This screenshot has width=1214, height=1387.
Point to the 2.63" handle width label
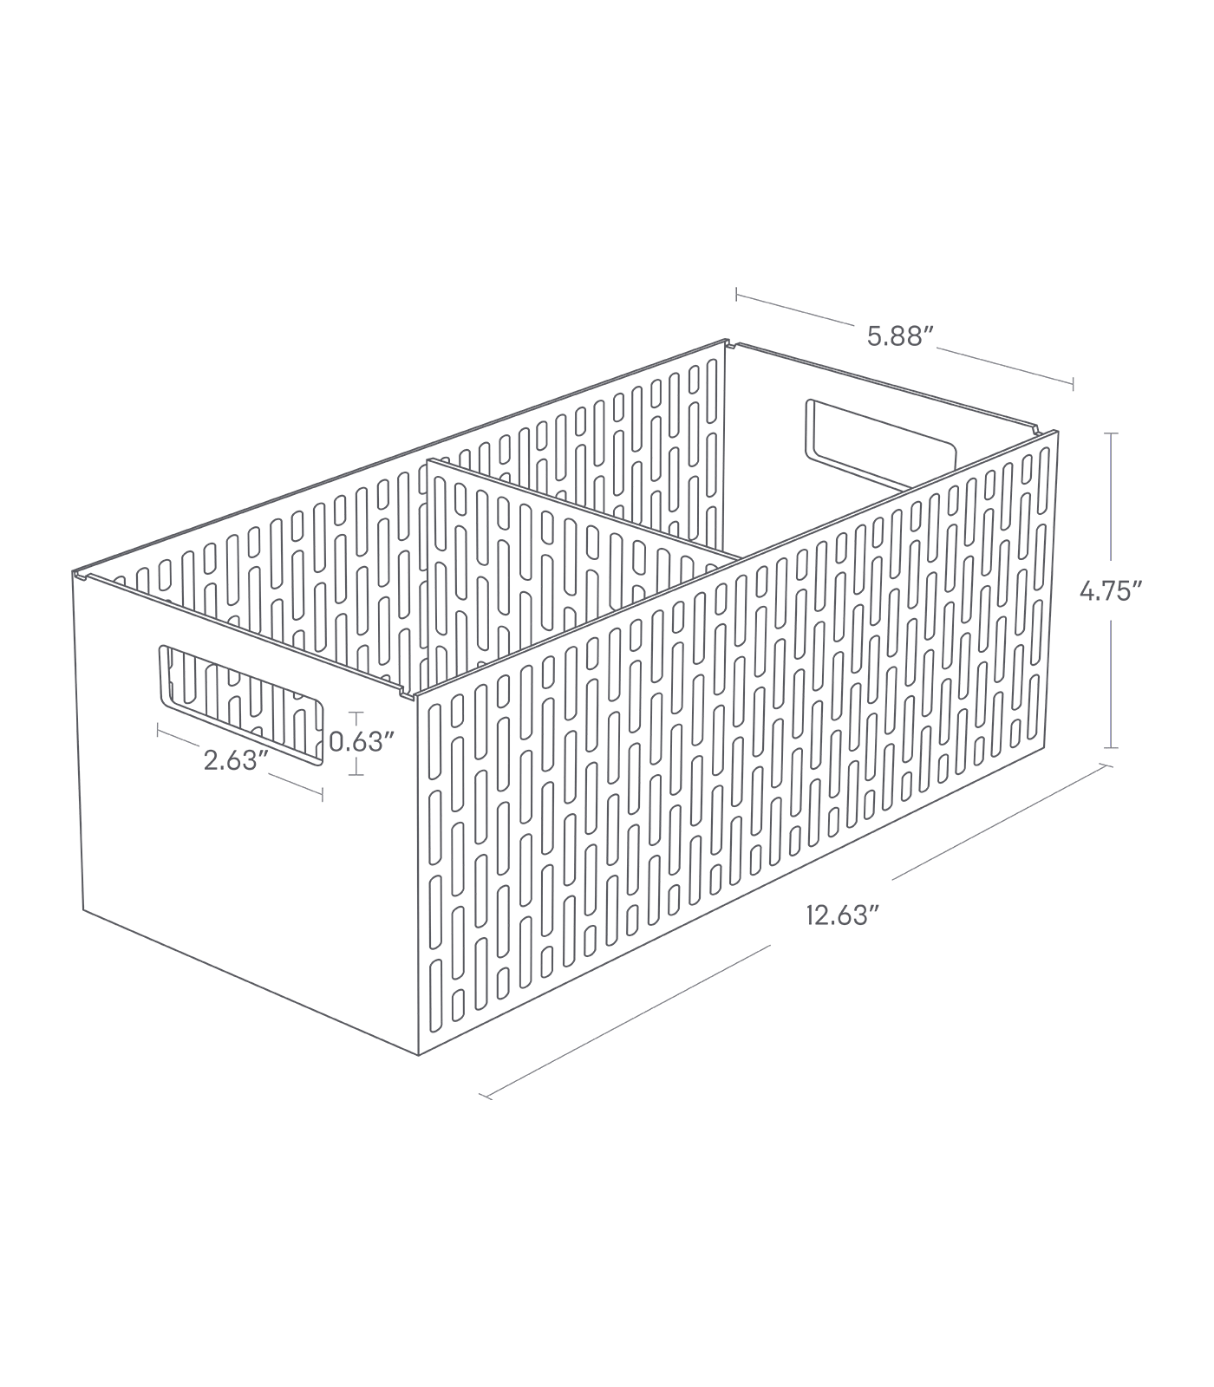point(232,761)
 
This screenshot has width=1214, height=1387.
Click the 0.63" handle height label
point(362,743)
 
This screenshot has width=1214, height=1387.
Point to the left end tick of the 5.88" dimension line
point(736,296)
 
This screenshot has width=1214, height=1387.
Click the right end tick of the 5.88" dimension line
point(1074,382)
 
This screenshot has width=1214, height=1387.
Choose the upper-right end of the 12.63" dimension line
point(1106,765)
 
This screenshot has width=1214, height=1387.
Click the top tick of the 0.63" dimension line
point(354,713)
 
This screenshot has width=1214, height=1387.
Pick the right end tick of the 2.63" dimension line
point(323,794)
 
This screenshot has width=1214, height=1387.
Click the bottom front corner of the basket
point(420,1055)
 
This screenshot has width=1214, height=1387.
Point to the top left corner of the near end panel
point(73,575)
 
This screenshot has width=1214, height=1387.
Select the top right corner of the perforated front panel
point(1058,431)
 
